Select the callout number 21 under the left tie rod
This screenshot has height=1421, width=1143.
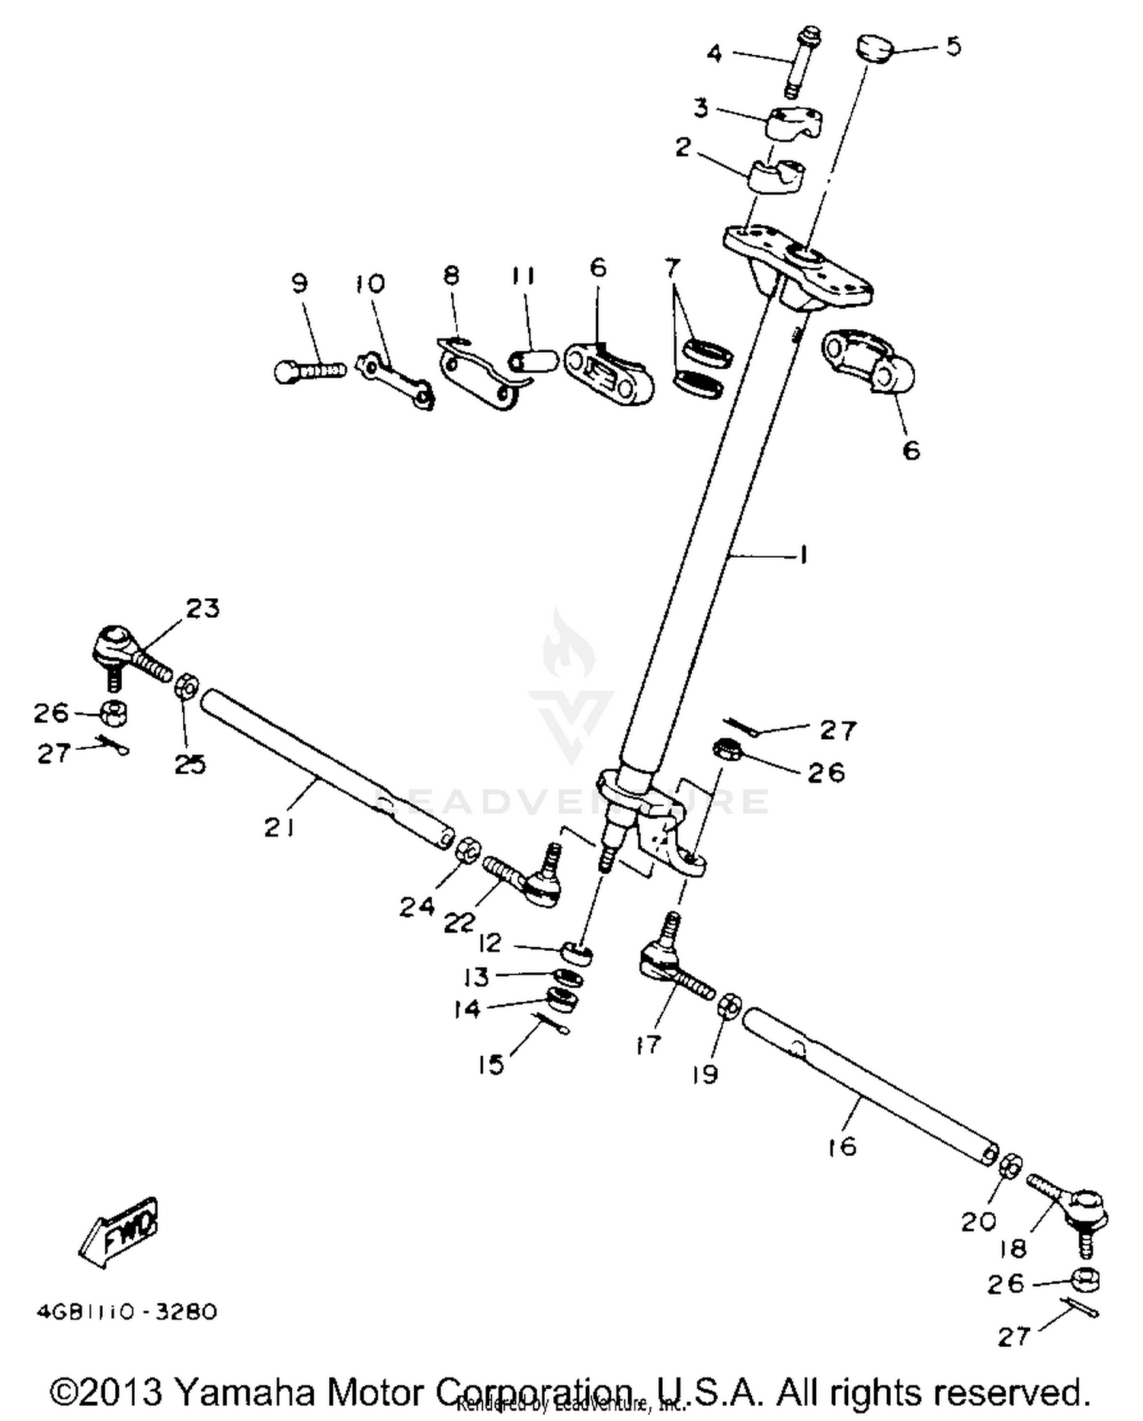point(279,827)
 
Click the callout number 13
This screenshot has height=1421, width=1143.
point(477,976)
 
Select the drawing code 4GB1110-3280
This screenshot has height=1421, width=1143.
point(126,1312)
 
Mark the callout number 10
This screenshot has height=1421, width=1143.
point(370,284)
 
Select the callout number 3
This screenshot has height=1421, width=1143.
point(700,107)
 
